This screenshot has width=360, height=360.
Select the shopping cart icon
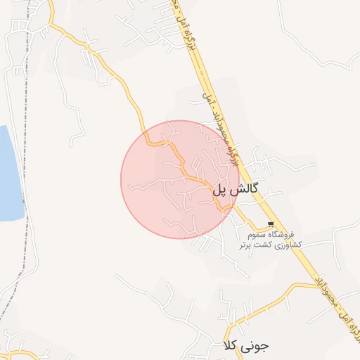coord(271,224)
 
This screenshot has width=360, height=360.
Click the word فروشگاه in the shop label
coord(285,234)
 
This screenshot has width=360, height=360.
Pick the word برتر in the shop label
coord(243,245)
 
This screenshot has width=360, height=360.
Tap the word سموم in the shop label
coord(255,234)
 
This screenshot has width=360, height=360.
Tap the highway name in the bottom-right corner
coord(342,319)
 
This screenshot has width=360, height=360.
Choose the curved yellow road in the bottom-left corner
coord(21,352)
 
